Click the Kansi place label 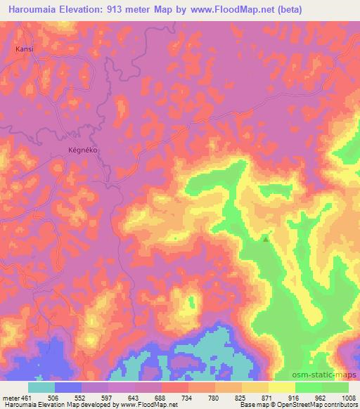[x=24, y=50]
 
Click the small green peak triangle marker [x=266, y=239]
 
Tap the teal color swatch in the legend [x=41, y=387]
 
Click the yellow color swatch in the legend [x=282, y=387]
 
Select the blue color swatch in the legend [x=68, y=387]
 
